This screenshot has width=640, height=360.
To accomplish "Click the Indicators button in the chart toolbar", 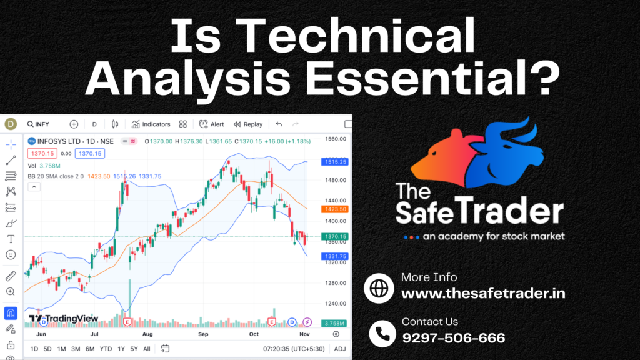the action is [x=151, y=124].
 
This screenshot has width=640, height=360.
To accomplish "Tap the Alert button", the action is [x=211, y=124].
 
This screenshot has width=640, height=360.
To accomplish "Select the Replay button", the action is [x=248, y=124].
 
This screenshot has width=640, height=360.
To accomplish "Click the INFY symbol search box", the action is [x=38, y=124].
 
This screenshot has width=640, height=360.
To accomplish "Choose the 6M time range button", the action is [x=90, y=349].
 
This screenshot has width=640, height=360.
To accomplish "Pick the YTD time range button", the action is [x=106, y=349].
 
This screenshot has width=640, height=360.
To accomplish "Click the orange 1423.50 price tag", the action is [x=335, y=209].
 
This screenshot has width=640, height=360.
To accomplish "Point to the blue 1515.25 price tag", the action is [x=335, y=162].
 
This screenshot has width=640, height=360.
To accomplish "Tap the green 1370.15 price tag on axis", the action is [x=335, y=236].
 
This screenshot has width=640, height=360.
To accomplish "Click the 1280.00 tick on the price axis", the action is [x=336, y=283].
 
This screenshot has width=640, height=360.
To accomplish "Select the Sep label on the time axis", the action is [x=203, y=334].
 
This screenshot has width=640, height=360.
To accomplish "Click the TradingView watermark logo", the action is [x=64, y=318].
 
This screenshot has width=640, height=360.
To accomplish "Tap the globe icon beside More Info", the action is [x=379, y=288].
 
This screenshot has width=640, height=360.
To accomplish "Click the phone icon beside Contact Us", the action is [x=382, y=334].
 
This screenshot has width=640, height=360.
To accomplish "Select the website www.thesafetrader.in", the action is [x=483, y=294].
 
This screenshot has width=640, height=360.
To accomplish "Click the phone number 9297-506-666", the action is [x=454, y=338].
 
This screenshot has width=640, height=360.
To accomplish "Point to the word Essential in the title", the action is [x=432, y=77].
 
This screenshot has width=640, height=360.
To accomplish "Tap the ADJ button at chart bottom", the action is [x=339, y=349].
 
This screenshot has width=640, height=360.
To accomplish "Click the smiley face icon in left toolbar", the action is [x=11, y=255].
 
